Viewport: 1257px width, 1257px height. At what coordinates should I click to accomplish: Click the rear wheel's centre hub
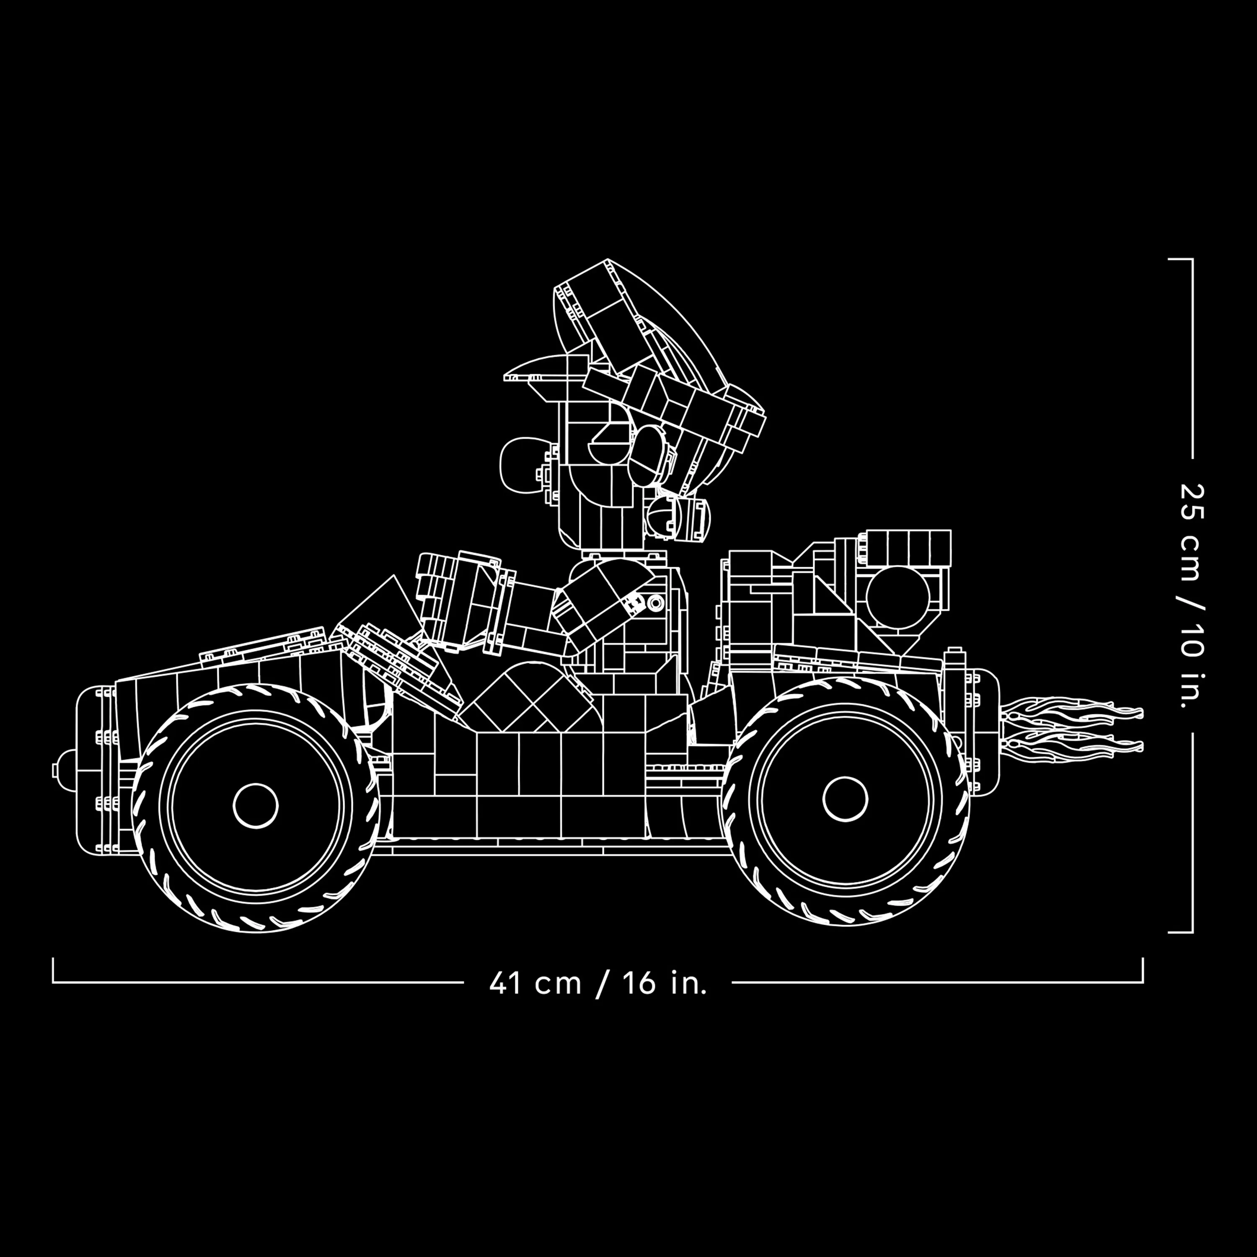pyautogui.click(x=845, y=799)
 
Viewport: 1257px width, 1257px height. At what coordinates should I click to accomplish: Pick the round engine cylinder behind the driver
pyautogui.click(x=898, y=597)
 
